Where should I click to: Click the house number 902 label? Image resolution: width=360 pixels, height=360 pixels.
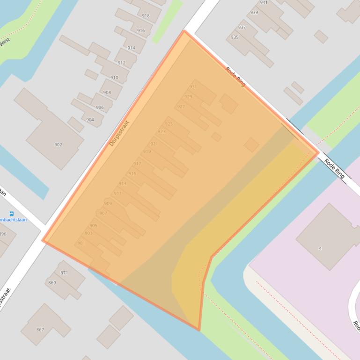[x=58, y=145]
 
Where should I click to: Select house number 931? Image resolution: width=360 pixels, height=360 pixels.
[x=193, y=87]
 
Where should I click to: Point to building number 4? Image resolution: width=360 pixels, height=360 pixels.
[x=320, y=248]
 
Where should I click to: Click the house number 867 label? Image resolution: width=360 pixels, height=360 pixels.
[x=40, y=330]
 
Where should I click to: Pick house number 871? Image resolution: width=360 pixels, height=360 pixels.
[x=64, y=273]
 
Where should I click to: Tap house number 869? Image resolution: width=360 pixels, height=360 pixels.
[x=52, y=283]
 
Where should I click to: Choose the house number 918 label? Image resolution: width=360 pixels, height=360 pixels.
[x=146, y=16]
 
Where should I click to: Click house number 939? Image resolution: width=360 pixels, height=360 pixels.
[x=254, y=13]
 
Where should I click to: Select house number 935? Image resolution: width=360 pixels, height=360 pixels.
[x=235, y=37]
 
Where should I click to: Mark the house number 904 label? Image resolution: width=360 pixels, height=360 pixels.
[x=90, y=120]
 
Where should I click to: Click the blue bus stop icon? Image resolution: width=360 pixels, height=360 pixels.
[x=12, y=214]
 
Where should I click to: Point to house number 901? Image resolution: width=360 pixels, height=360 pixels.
[x=81, y=243]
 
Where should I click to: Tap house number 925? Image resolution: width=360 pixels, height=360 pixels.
[x=169, y=124]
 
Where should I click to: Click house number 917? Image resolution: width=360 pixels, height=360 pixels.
[x=137, y=164]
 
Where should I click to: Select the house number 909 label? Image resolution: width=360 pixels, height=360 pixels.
[x=108, y=203]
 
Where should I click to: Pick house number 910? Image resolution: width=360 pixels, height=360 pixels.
[x=114, y=78]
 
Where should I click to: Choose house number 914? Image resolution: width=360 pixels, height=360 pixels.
[x=131, y=48]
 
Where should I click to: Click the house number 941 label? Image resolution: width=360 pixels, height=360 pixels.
[x=264, y=2]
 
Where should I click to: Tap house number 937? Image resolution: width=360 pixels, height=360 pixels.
[x=242, y=28]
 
